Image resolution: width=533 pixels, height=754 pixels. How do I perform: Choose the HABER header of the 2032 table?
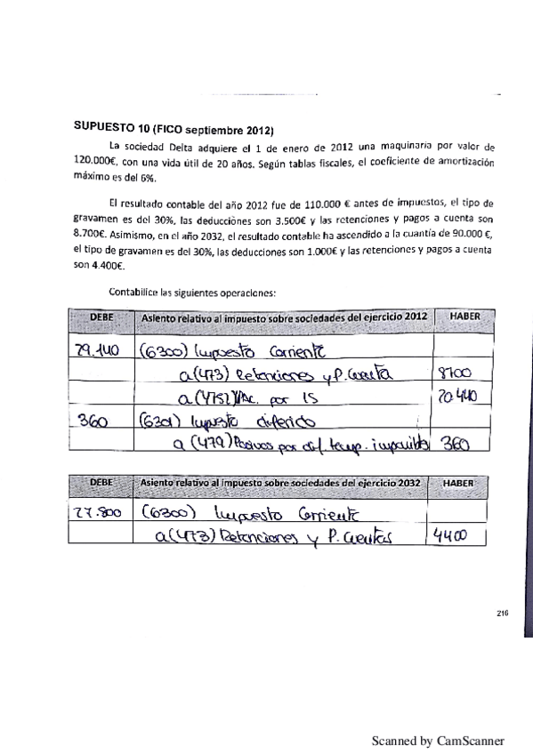[x=456, y=483]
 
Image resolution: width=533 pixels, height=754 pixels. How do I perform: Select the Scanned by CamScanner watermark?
[x=437, y=740]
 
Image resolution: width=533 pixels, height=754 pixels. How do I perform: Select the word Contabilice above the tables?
[x=133, y=290]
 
